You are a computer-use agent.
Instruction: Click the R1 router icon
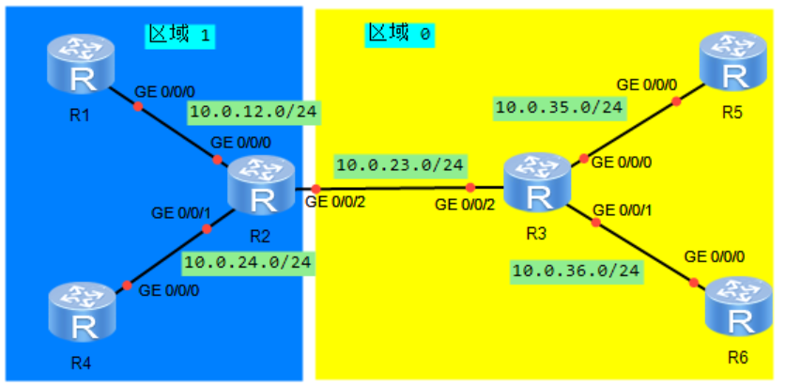pos(83,68)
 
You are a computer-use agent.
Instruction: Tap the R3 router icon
pos(538,183)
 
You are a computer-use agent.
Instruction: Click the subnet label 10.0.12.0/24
pos(252,113)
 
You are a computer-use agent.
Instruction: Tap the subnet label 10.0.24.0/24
pos(249,262)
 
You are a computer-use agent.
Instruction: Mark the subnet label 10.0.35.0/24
pos(559,108)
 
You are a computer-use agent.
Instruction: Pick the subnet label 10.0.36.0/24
pos(577,272)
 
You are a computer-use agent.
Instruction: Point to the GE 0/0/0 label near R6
pos(716,255)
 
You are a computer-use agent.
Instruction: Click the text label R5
pos(731,113)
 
